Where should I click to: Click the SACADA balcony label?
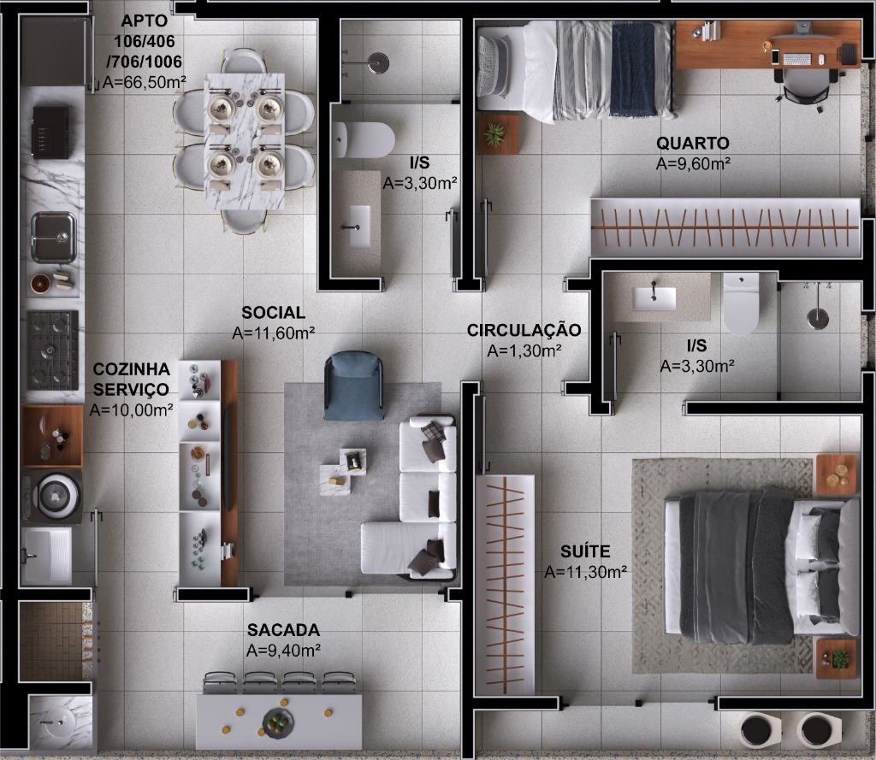coord(283,630)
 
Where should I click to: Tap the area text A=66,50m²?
coord(145,82)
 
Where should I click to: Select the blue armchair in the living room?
coord(352,386)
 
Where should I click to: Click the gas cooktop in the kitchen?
coord(53,349)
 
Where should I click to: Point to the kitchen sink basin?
coord(54,235)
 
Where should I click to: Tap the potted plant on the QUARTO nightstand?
coord(495,134)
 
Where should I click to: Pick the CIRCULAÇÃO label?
coord(524,330)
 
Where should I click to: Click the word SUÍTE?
coord(585,551)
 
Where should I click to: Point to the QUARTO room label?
coord(693,143)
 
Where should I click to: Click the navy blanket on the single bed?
coord(633,68)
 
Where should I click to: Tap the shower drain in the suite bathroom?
coord(818,319)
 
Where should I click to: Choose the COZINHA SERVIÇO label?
coord(132,379)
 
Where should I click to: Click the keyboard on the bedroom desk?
coord(796,59)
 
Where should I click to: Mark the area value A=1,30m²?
coord(524,351)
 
